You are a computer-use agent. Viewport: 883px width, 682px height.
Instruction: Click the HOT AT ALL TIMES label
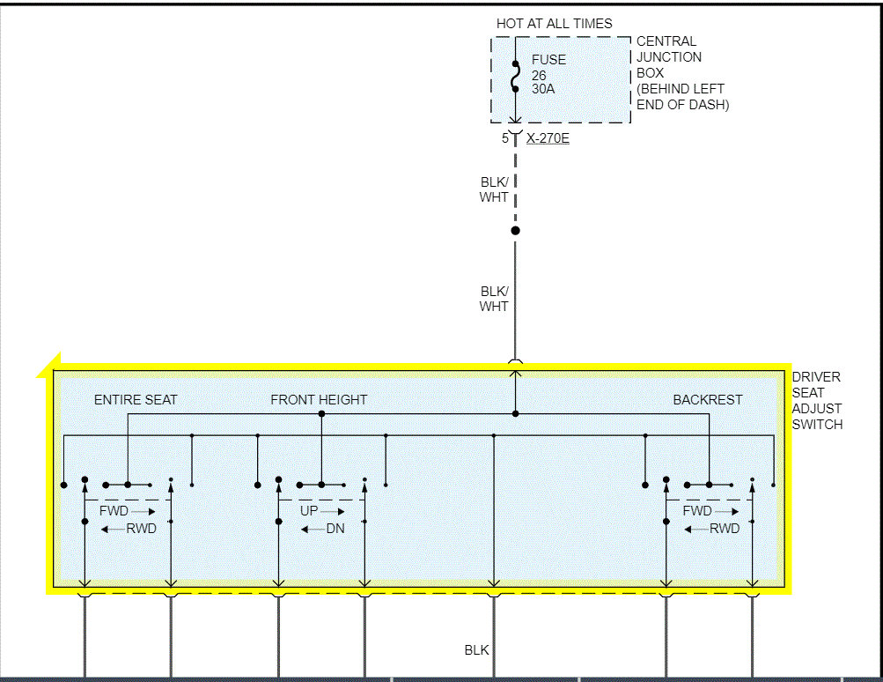pos(554,24)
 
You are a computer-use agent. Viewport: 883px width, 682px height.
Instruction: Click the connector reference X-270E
pos(548,138)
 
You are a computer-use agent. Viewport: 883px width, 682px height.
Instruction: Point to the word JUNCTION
pos(669,57)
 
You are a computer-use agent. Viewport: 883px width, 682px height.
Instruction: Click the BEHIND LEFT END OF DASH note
pos(682,97)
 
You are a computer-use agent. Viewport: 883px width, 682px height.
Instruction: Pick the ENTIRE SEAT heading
pos(136,400)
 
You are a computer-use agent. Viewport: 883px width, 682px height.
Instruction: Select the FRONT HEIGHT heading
pos(319,400)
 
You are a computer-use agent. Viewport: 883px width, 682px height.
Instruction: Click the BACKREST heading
pos(708,400)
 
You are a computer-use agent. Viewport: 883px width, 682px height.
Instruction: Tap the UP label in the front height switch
pos(309,511)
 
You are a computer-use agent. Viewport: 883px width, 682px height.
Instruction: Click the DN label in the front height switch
pos(335,529)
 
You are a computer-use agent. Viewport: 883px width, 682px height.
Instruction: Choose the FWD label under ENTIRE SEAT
pos(114,511)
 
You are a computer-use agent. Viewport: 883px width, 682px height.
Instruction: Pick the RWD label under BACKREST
pos(725,529)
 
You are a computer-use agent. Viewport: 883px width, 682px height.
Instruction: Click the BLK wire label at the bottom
pos(476,650)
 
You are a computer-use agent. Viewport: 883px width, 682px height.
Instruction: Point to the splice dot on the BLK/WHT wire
pos(516,231)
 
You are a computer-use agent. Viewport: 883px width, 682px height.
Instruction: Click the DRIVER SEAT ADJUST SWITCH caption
pos(817,401)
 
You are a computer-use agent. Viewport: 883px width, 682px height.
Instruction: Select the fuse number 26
pos(539,75)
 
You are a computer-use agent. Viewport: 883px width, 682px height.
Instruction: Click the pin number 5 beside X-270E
pos(505,138)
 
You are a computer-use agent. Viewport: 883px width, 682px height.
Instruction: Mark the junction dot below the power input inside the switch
pos(516,413)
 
